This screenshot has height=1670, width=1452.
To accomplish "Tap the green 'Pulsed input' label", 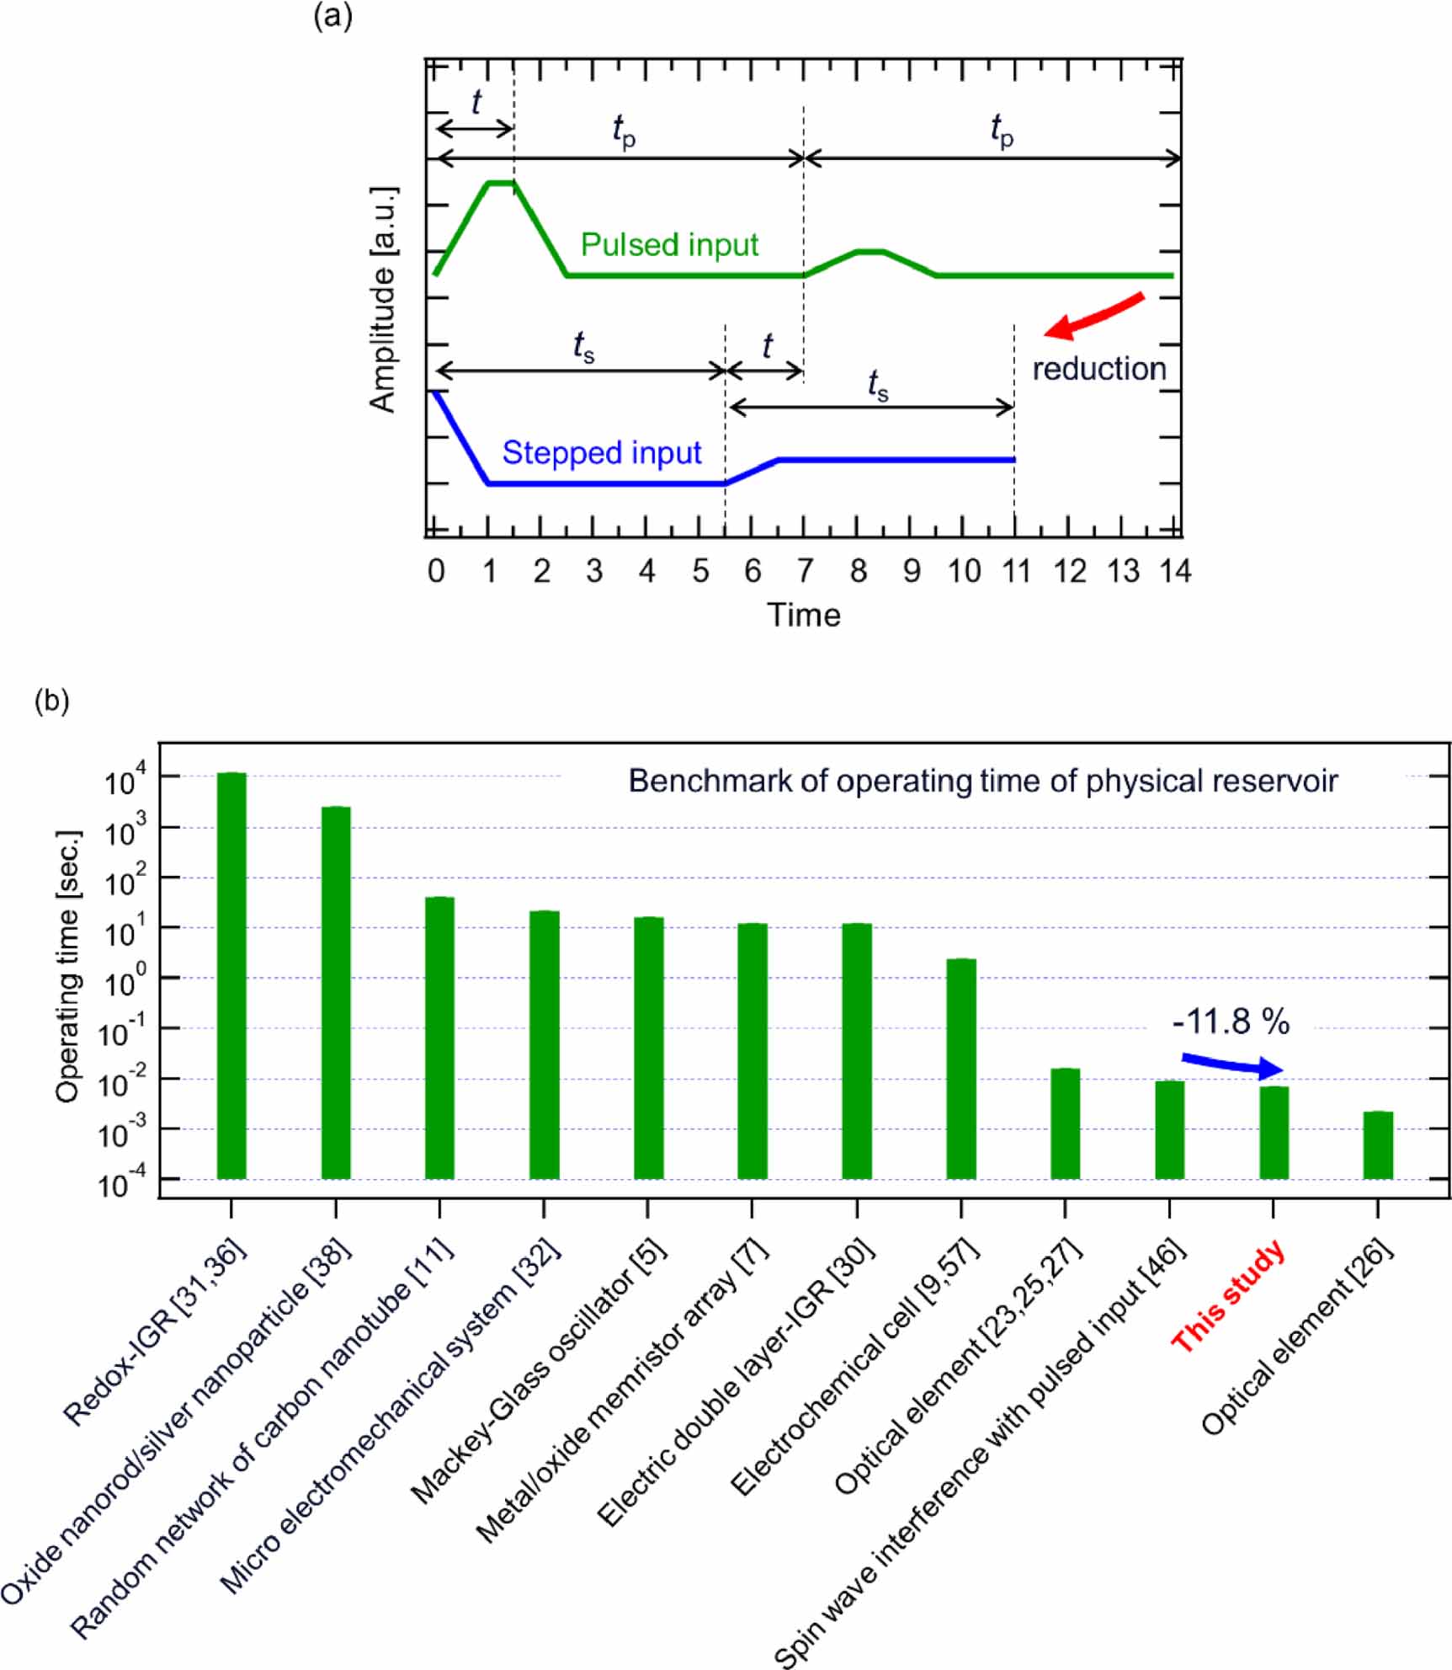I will click(669, 245).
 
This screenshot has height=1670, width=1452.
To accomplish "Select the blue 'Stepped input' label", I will click(601, 453).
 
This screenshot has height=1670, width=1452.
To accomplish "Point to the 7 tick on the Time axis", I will click(805, 571).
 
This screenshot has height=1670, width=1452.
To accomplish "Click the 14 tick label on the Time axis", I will click(1175, 571).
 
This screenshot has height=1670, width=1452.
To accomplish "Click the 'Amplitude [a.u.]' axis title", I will click(383, 299).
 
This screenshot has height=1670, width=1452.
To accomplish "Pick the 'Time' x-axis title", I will click(803, 615).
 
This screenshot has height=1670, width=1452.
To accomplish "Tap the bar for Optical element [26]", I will click(1378, 1144).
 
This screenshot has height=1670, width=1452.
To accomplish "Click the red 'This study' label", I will click(1228, 1296).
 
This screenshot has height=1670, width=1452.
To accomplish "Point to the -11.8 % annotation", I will click(1231, 1022).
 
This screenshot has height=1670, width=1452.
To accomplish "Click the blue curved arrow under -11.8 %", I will click(1231, 1065).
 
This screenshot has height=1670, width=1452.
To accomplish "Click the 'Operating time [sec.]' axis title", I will click(68, 966).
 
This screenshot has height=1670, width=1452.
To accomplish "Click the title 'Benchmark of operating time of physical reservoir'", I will click(982, 781).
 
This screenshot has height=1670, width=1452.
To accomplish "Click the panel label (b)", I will click(51, 700).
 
